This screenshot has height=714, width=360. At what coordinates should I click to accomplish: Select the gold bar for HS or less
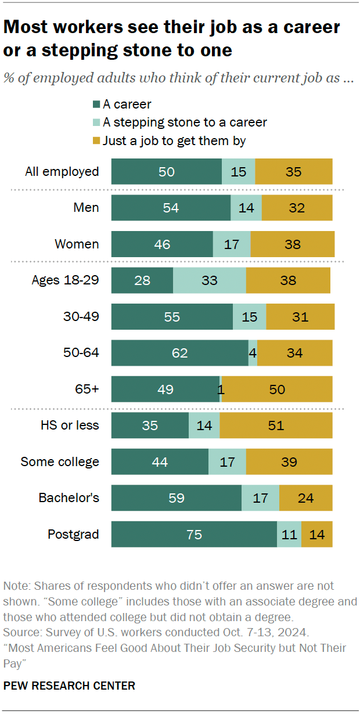276,425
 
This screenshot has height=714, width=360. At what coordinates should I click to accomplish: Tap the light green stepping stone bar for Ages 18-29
209,280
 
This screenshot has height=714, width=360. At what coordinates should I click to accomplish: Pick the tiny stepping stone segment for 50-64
253,353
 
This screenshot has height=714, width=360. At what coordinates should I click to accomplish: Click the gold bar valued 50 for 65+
277,389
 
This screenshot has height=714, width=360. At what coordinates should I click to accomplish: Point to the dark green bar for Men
171,208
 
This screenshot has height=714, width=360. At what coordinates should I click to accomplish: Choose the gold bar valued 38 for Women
293,244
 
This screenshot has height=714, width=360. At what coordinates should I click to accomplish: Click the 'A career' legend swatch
96,104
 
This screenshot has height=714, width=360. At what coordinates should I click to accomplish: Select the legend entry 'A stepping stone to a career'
185,122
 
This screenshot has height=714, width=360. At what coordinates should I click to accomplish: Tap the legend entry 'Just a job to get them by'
174,140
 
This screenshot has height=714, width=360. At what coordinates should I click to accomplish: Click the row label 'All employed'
62,172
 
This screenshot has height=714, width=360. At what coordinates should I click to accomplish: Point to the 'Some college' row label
60,462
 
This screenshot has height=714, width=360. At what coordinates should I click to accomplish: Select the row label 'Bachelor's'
69,498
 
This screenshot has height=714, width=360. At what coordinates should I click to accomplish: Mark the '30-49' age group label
81,317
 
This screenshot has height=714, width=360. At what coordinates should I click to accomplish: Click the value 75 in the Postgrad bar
194,534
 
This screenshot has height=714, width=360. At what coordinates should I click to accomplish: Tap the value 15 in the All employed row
238,172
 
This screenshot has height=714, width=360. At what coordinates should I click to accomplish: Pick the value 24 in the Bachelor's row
305,498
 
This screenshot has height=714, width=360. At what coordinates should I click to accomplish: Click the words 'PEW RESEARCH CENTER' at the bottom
69,686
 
